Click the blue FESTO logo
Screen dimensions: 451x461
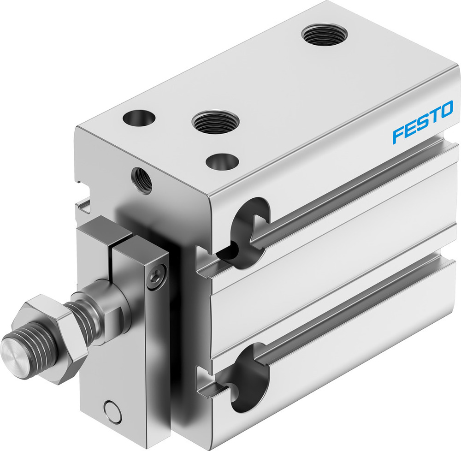(422, 123)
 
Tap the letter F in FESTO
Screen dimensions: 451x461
(398, 136)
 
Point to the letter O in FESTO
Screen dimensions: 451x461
(446, 111)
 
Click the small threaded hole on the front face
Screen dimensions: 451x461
(142, 180)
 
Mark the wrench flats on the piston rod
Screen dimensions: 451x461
(113, 318)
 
